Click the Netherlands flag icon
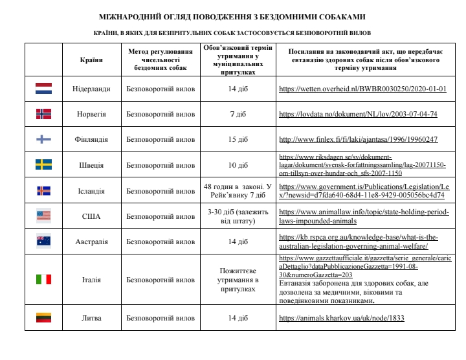[x=43, y=88]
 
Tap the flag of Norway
[x=43, y=113]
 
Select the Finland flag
[x=43, y=139]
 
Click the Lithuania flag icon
[x=43, y=318]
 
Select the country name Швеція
[x=91, y=164]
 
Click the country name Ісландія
[x=91, y=190]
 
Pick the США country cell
[x=91, y=216]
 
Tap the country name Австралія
[x=91, y=242]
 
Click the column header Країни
[x=91, y=60]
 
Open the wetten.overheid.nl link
[x=362, y=89]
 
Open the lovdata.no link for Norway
[x=358, y=114]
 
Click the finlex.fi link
[x=358, y=139]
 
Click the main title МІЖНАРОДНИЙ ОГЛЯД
[x=232, y=16]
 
